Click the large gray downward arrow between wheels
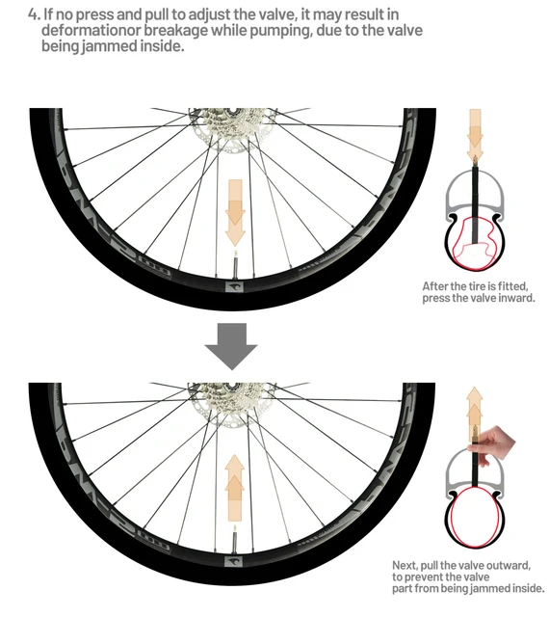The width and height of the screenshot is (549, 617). point(233,345)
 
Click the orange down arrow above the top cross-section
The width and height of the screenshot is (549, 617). point(474,135)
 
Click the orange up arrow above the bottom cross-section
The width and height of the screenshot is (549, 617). point(474,408)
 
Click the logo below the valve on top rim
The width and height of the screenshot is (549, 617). point(235,284)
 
